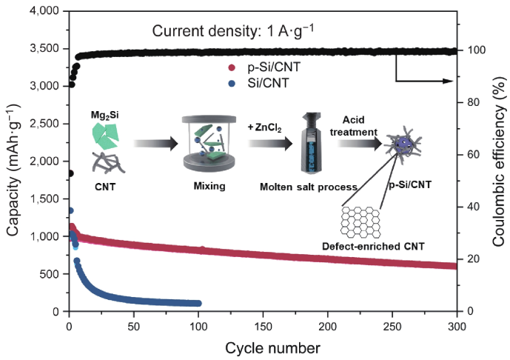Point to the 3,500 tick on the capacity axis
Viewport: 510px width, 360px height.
pos(47,49)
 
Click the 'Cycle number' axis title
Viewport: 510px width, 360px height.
pos(264,347)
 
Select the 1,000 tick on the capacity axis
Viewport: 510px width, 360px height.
pos(47,236)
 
